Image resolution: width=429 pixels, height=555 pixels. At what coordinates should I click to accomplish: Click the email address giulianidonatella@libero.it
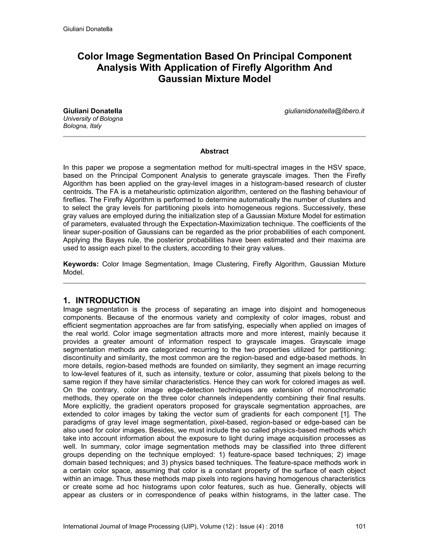(x=324, y=111)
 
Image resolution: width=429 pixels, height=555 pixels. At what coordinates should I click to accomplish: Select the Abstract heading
(x=214, y=151)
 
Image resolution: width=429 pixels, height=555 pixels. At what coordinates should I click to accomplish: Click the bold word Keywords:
(x=81, y=264)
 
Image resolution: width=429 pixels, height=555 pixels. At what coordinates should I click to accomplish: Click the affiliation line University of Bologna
(x=93, y=119)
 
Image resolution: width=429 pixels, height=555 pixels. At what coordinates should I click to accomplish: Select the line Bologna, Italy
(x=82, y=126)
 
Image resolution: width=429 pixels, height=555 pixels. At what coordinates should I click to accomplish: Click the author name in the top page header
(x=88, y=29)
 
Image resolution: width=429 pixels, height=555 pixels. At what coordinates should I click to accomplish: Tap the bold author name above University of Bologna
(x=93, y=111)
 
